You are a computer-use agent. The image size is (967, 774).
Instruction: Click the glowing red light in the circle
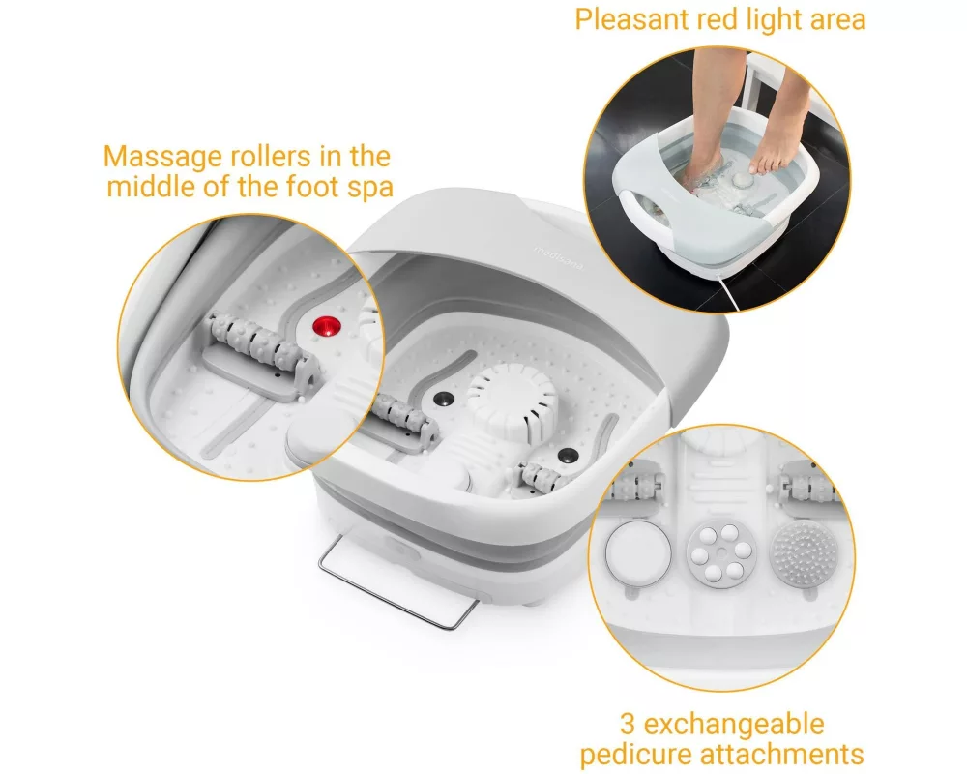327,327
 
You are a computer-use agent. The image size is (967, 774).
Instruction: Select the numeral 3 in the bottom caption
628,724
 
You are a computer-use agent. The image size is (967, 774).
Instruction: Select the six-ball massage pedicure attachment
721,551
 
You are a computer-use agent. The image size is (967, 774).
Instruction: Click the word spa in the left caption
370,187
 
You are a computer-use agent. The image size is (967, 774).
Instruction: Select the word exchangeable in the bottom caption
734,724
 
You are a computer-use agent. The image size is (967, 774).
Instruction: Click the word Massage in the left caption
162,157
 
